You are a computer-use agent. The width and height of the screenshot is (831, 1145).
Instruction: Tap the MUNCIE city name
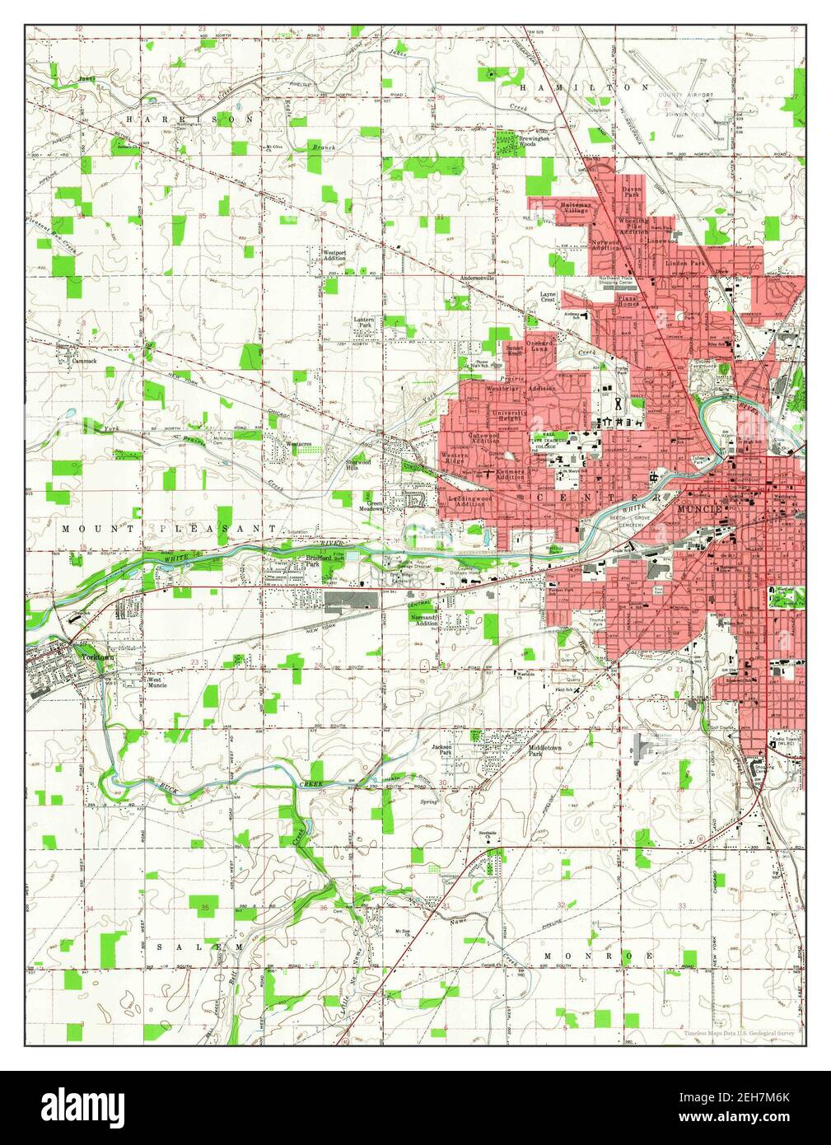point(698,510)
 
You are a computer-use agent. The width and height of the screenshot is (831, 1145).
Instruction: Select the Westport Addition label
point(334,255)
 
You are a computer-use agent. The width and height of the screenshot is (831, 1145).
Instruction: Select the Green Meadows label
point(376,506)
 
